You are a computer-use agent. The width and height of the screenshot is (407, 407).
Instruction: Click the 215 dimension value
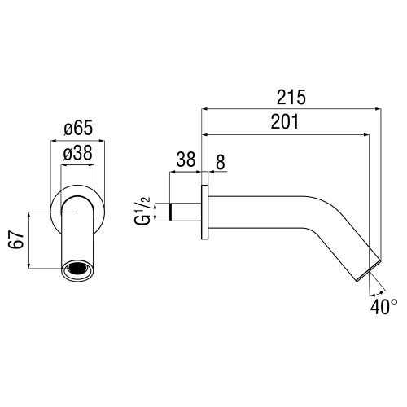pos(291,97)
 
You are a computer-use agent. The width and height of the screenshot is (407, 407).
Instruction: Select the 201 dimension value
pos(285,121)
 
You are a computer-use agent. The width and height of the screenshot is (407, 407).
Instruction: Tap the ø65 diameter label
pos(78,128)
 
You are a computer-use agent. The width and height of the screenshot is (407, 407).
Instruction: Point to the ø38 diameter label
pos(78,153)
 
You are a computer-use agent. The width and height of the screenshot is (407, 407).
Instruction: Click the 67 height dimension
pos(16,240)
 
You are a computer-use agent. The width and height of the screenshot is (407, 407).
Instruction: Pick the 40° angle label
pos(384,307)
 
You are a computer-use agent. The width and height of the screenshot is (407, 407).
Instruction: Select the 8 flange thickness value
pos(221,162)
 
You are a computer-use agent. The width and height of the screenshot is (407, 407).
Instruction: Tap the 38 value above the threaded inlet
pos(186,160)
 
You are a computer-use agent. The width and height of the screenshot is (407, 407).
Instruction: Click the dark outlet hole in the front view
pos(77,268)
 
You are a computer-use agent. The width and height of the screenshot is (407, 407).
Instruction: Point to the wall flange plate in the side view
pos(205,212)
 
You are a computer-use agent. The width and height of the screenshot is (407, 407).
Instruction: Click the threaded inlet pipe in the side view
pos(185,212)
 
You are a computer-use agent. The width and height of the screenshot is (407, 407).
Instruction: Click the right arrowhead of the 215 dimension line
pos(379,109)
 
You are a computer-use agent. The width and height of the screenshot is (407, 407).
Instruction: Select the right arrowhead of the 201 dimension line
pos(366,134)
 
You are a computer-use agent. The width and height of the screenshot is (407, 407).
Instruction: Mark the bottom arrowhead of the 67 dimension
pos(28,265)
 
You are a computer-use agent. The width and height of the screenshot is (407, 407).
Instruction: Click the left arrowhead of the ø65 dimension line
pos(54,141)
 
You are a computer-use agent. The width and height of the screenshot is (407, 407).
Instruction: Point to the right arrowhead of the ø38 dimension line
pos(91,165)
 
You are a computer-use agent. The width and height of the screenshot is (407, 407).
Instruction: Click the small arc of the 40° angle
pos(378,293)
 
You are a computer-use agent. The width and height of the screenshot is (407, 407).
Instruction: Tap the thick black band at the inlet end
pos(170,212)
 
